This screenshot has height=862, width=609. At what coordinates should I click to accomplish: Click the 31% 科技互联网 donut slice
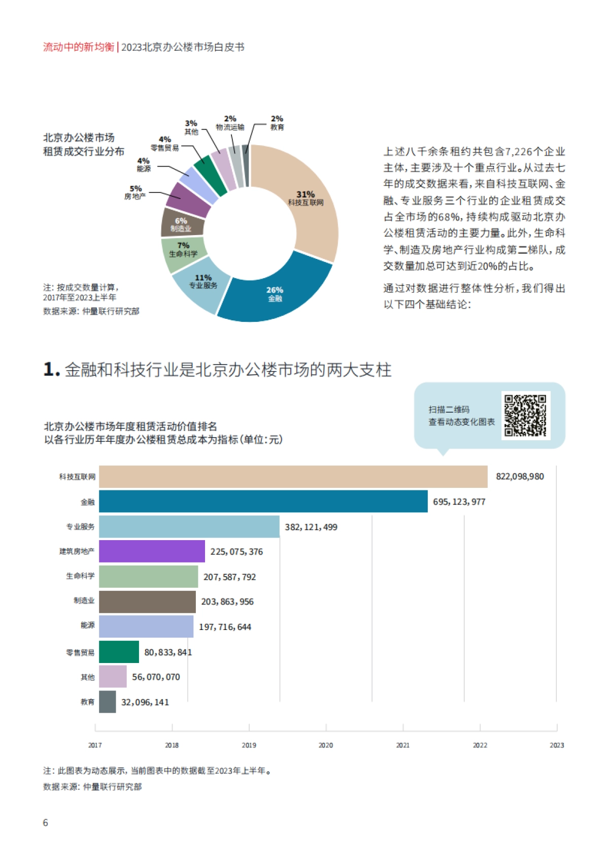pyautogui.click(x=310, y=203)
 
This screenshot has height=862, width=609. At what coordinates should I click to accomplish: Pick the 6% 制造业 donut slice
pyautogui.click(x=181, y=223)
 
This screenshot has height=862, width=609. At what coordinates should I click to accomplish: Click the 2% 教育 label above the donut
pyautogui.click(x=277, y=123)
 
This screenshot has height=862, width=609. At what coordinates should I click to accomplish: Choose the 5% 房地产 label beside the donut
pyautogui.click(x=136, y=192)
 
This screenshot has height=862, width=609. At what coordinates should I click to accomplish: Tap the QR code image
pyautogui.click(x=525, y=415)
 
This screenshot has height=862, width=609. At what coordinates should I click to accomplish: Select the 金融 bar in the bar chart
pyautogui.click(x=263, y=501)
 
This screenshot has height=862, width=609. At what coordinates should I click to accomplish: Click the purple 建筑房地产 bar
pyautogui.click(x=152, y=551)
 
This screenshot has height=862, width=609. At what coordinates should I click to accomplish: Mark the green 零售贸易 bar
pyautogui.click(x=119, y=652)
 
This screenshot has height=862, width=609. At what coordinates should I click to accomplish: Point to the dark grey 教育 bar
pyautogui.click(x=107, y=702)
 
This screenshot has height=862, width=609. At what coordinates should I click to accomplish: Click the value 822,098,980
pyautogui.click(x=520, y=476)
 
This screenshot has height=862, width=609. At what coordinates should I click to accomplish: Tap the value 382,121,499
pyautogui.click(x=311, y=527)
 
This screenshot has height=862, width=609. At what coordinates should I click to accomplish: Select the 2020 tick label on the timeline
pyautogui.click(x=326, y=745)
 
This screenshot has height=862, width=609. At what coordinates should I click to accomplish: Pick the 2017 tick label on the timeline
pyautogui.click(x=95, y=745)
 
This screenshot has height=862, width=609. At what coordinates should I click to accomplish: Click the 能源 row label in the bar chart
pyautogui.click(x=87, y=625)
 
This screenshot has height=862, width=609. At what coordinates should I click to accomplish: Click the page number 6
pyautogui.click(x=46, y=823)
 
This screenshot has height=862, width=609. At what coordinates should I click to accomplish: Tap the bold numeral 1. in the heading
pyautogui.click(x=52, y=370)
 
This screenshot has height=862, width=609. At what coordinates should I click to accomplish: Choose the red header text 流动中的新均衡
pyautogui.click(x=79, y=47)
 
